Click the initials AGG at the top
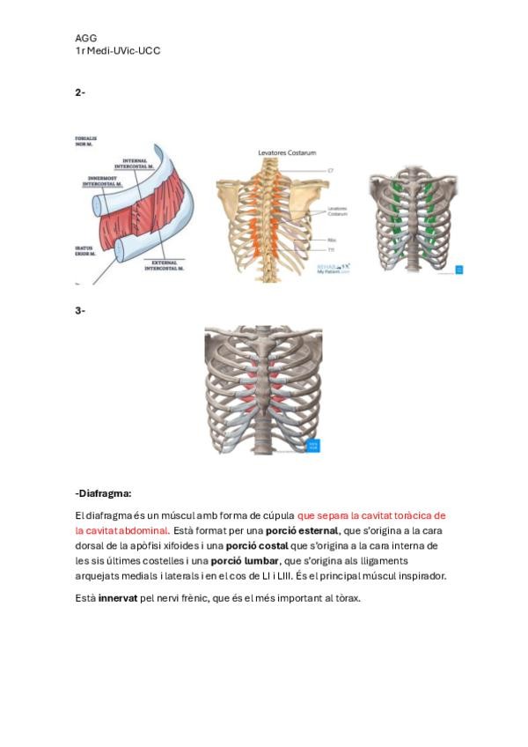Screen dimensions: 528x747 [85, 38]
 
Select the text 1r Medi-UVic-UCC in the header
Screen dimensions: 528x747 [117, 51]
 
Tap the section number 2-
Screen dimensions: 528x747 [80, 92]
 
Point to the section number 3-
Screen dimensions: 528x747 [80, 309]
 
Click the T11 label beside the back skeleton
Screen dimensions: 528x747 [331, 250]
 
